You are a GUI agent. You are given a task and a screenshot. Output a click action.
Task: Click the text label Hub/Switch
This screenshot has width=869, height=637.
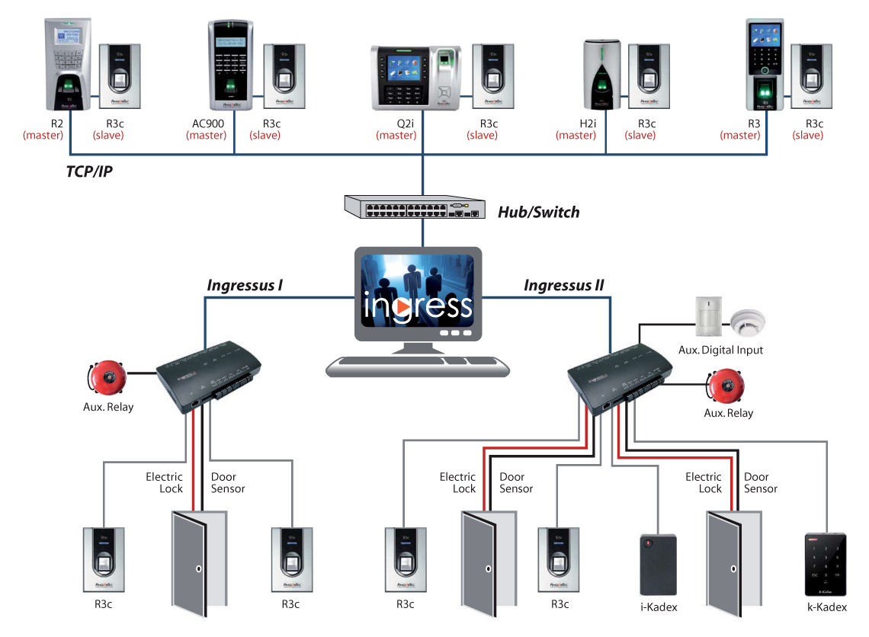[x=538, y=213]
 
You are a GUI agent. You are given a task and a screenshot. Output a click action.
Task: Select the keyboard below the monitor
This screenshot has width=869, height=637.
[x=418, y=366]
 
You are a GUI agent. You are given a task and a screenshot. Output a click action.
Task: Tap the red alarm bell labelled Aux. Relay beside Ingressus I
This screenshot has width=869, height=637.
[x=107, y=376]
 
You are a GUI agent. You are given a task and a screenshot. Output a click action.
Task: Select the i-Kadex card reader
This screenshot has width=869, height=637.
[x=658, y=565]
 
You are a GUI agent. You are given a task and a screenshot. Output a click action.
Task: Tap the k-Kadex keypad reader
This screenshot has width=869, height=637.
[x=826, y=564]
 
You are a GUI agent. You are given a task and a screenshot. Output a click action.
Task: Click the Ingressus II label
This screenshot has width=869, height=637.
[x=563, y=286]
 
